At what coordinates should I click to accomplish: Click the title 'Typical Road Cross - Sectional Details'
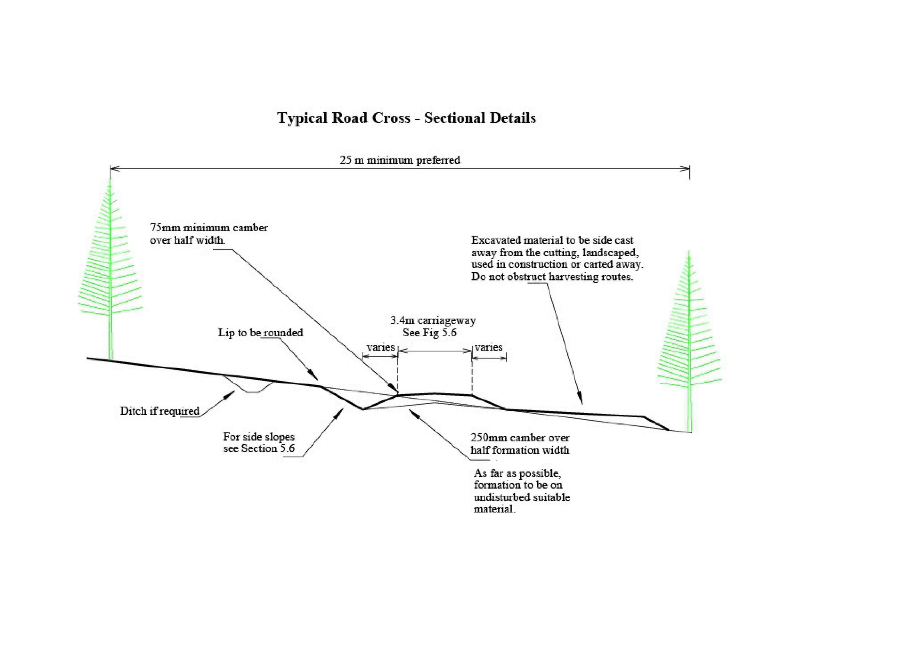(x=406, y=118)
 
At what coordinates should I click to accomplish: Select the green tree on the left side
(x=110, y=271)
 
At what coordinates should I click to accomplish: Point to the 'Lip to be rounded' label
(x=260, y=333)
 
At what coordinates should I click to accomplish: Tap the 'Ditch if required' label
(x=160, y=411)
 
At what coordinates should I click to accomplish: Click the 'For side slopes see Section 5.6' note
(x=259, y=442)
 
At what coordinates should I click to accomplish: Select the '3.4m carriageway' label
(x=433, y=320)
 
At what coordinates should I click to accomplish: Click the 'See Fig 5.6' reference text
(x=430, y=333)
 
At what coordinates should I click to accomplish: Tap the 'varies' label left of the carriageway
(x=381, y=347)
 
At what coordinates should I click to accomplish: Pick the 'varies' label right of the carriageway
(x=489, y=347)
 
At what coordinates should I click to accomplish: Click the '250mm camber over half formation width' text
(x=520, y=444)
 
